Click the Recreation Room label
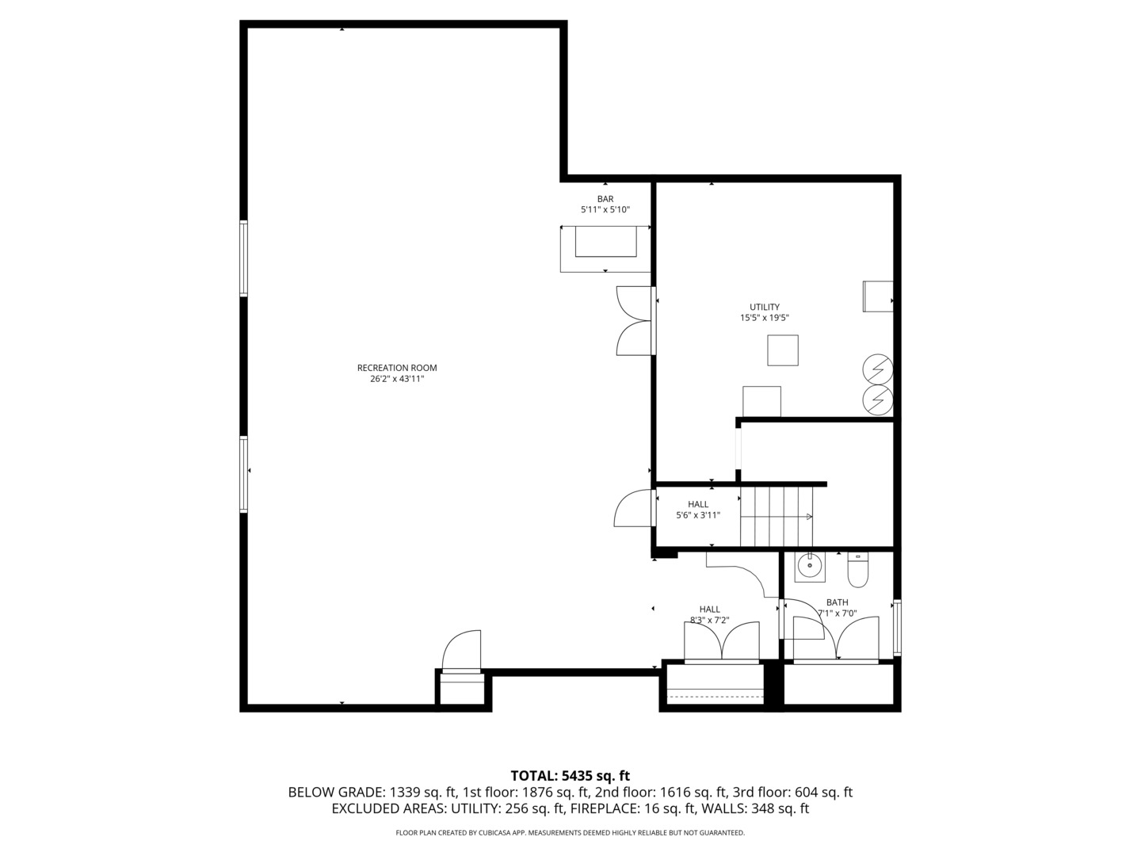(396, 368)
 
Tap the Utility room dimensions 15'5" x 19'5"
(764, 318)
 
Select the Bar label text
(605, 199)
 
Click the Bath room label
(837, 602)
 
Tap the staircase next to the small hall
(777, 517)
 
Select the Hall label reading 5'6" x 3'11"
(698, 510)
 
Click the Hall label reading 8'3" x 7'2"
(709, 615)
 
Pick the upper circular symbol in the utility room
(878, 369)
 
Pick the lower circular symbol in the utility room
(878, 400)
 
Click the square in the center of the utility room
(782, 350)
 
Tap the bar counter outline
(605, 248)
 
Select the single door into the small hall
(633, 510)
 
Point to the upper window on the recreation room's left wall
(244, 258)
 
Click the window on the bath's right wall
(897, 628)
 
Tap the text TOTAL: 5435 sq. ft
(570, 776)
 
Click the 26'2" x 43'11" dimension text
(396, 379)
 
